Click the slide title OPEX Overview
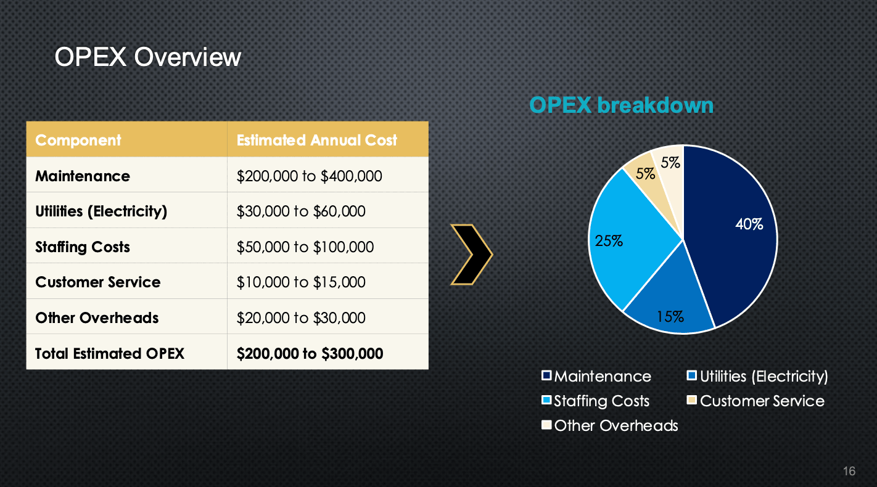coord(147,57)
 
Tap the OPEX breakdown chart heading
coord(621,105)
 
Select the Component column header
coord(78,140)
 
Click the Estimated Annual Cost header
coord(317,140)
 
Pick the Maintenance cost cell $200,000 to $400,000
coord(310,176)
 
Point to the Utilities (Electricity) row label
coord(101,211)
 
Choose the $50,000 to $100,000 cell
coord(305,247)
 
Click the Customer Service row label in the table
coord(98,282)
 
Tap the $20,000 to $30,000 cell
coord(301,318)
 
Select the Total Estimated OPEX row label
coord(110,353)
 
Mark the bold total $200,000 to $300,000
coord(310,353)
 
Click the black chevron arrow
coord(471,255)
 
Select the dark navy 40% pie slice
coord(732,235)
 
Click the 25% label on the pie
coord(609,241)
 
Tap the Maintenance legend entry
coord(596,376)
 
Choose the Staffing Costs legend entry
coord(596,401)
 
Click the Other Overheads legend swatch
coord(546,425)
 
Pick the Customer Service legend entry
coord(756,401)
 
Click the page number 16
coord(849,471)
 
